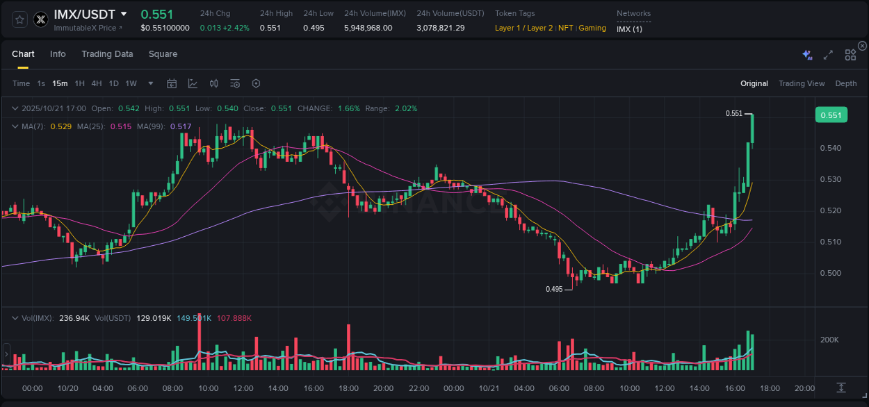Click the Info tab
point(58,54)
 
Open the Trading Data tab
point(107,54)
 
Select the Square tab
point(163,54)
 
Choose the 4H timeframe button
point(96,84)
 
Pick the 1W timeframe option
point(131,84)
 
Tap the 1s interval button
point(41,84)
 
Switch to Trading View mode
point(801,84)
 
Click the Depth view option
point(845,84)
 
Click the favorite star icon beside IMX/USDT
point(20,19)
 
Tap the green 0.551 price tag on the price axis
point(831,115)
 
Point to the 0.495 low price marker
point(554,289)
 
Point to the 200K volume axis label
point(830,340)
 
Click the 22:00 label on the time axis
point(419,388)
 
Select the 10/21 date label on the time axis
point(489,388)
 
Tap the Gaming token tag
point(592,28)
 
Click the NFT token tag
point(565,28)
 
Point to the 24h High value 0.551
point(270,28)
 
